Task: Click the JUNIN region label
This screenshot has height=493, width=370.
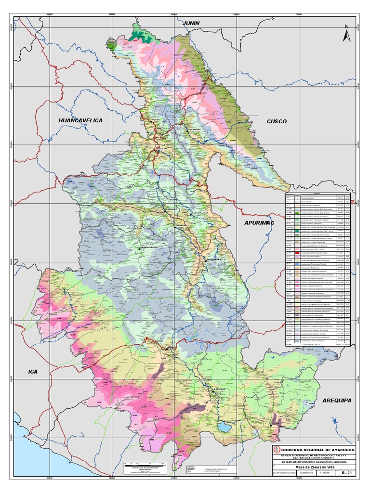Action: (x=191, y=23)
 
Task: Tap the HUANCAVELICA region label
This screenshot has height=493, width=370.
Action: (x=80, y=120)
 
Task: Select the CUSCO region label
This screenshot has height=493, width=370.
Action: (x=277, y=121)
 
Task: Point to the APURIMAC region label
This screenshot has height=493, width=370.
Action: (x=259, y=223)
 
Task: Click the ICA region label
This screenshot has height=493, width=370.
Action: (x=33, y=372)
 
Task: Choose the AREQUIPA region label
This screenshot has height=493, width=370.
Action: (x=337, y=400)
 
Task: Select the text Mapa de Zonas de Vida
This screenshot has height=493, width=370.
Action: (x=315, y=467)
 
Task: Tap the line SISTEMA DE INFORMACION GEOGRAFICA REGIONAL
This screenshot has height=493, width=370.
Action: (x=314, y=461)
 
